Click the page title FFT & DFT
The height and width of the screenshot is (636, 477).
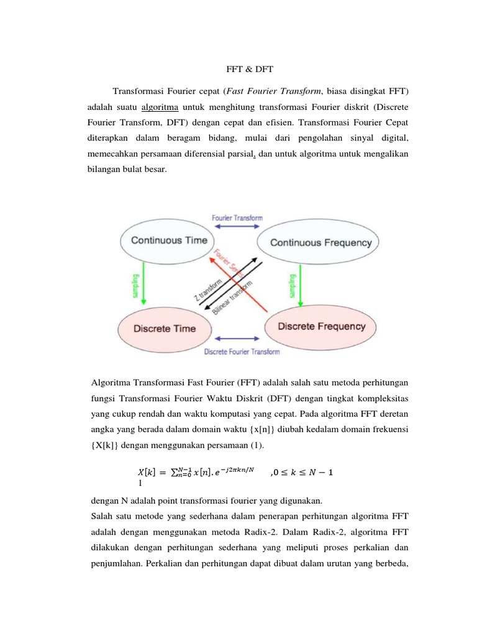[x=238, y=71]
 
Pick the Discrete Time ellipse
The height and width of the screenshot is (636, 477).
[x=164, y=329]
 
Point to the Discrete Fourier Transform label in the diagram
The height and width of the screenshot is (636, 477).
[x=242, y=352]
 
